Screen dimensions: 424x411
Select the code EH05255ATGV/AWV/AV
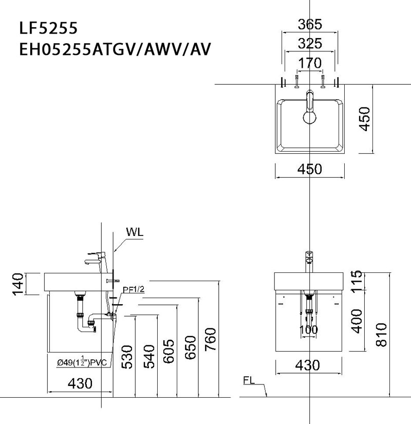[114, 50]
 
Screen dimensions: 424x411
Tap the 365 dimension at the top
[310, 24]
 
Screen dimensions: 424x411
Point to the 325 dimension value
[310, 44]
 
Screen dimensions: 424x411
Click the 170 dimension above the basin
[310, 63]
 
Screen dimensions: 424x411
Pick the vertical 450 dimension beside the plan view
[364, 119]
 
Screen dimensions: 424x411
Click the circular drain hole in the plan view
[310, 118]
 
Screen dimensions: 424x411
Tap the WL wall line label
[135, 231]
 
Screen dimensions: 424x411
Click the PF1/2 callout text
[134, 290]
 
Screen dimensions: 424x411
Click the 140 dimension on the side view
[18, 284]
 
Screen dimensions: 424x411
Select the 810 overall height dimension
[381, 335]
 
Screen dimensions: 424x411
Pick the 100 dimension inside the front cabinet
[309, 330]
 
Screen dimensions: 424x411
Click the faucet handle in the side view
[96, 254]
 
